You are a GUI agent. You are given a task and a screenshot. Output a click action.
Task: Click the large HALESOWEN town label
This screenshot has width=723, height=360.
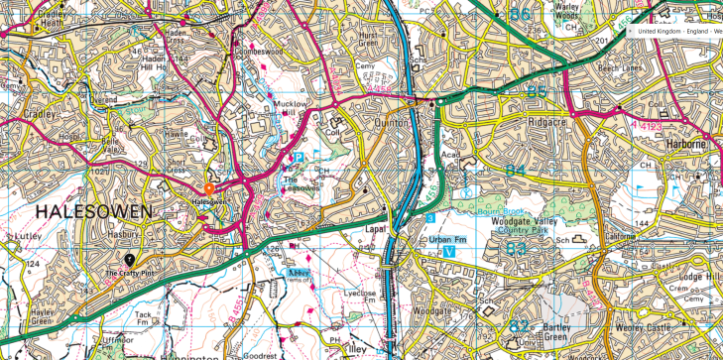tap(95, 211)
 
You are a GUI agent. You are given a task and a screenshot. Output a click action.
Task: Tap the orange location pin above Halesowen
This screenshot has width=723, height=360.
tap(208, 188)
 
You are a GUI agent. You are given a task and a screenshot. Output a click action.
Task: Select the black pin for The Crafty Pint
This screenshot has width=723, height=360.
tap(129, 260)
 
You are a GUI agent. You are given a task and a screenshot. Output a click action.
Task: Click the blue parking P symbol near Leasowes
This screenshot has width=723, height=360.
tap(297, 158)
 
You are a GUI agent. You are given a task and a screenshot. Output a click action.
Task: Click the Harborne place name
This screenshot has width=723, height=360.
tap(685, 144)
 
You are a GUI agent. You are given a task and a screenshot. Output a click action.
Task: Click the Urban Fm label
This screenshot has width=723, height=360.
tap(446, 239)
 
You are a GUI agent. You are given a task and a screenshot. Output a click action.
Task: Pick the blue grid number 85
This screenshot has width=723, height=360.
tap(537, 92)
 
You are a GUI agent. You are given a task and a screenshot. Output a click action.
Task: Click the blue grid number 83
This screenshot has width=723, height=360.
tap(517, 249)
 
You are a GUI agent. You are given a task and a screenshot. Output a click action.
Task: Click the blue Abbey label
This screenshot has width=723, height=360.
tap(297, 271)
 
